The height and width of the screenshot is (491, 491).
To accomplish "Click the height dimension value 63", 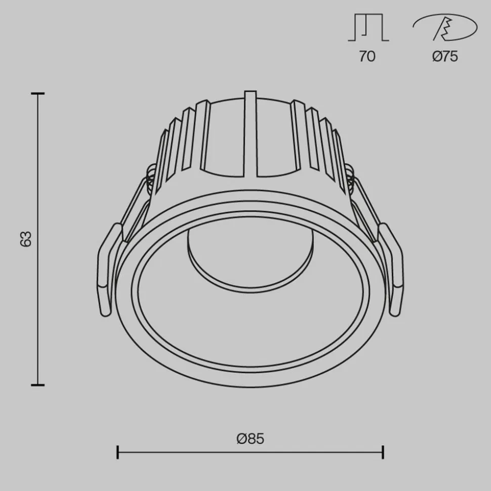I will (26, 238).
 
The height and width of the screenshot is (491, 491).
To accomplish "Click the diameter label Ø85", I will (250, 438).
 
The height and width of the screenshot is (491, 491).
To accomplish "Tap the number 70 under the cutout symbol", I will (367, 56).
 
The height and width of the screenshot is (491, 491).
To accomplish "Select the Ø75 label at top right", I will (445, 56).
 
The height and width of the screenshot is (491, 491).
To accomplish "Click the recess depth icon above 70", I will (368, 28).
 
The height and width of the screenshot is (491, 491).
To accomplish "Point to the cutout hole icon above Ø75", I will (445, 28).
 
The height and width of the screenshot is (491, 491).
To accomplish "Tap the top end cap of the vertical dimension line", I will (37, 94).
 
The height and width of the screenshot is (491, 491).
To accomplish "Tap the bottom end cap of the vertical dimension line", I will (37, 385).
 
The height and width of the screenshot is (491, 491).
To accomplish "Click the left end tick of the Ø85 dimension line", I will (117, 452).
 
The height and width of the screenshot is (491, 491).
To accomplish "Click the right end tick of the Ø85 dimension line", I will (383, 452).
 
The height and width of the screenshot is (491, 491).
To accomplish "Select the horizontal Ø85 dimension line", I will (250, 452).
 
